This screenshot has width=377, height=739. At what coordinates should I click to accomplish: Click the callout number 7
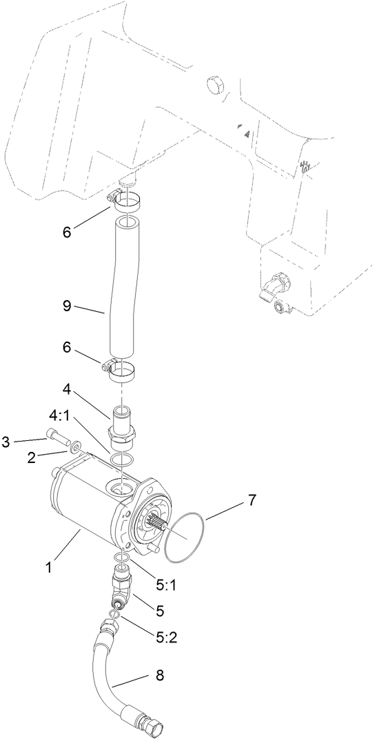(252, 500)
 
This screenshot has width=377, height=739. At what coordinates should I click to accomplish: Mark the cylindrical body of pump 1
(76, 507)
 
